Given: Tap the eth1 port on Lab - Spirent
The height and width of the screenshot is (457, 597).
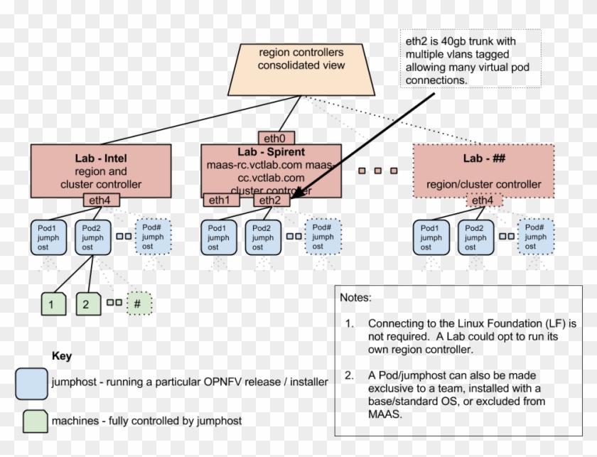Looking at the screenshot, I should pyautogui.click(x=222, y=200).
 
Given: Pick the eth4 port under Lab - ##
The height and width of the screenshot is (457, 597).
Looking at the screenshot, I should pyautogui.click(x=484, y=200).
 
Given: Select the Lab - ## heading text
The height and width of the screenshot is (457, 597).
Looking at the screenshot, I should pyautogui.click(x=483, y=158).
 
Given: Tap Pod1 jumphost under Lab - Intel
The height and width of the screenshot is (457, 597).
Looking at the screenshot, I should pyautogui.click(x=48, y=237).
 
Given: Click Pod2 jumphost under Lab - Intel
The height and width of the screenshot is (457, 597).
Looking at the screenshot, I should pyautogui.click(x=93, y=237).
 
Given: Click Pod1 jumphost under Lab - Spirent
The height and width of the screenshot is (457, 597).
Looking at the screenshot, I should pyautogui.click(x=220, y=237).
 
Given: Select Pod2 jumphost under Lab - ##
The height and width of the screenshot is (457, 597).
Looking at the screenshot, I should pyautogui.click(x=475, y=237).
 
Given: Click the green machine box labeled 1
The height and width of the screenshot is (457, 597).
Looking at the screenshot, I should pyautogui.click(x=52, y=303).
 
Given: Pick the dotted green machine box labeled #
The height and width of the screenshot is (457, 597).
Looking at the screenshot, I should pyautogui.click(x=139, y=303).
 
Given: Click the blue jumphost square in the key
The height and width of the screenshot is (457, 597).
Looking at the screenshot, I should pyautogui.click(x=31, y=382).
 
